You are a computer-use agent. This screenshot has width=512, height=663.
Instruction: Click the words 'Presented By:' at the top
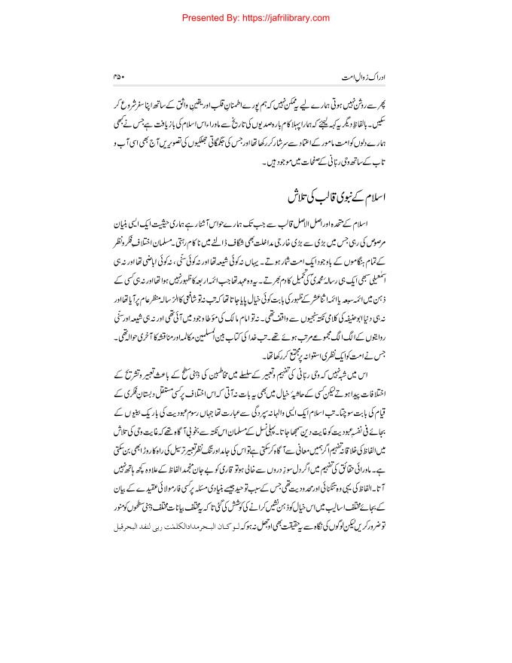click(218, 15)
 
